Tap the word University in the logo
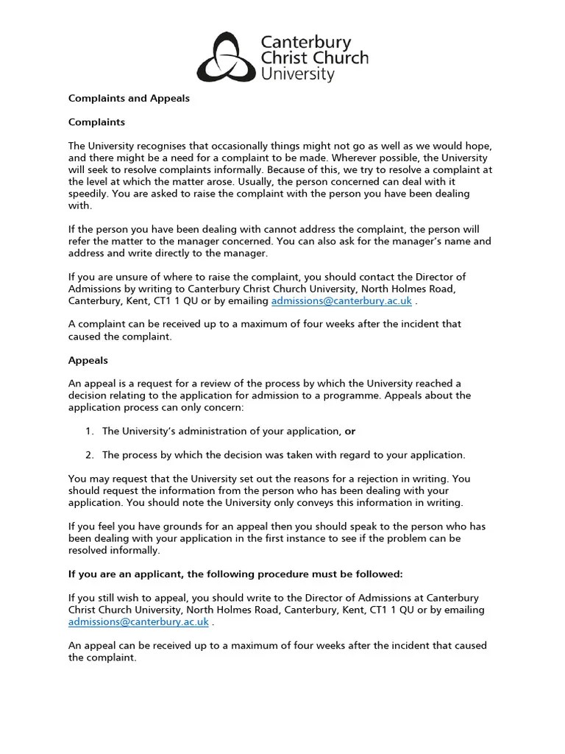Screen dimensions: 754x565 pyautogui.click(x=298, y=74)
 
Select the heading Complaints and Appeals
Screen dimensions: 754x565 pyautogui.click(x=129, y=98)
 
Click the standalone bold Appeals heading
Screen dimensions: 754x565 pyautogui.click(x=88, y=361)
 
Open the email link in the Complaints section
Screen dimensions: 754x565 pyautogui.click(x=341, y=301)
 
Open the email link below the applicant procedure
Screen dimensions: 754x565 pyautogui.click(x=138, y=621)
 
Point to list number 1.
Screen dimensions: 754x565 pyautogui.click(x=89, y=431)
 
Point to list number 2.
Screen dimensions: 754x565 pyautogui.click(x=89, y=454)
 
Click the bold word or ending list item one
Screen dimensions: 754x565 pyautogui.click(x=350, y=431)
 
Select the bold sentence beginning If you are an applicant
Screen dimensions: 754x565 pyautogui.click(x=235, y=574)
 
